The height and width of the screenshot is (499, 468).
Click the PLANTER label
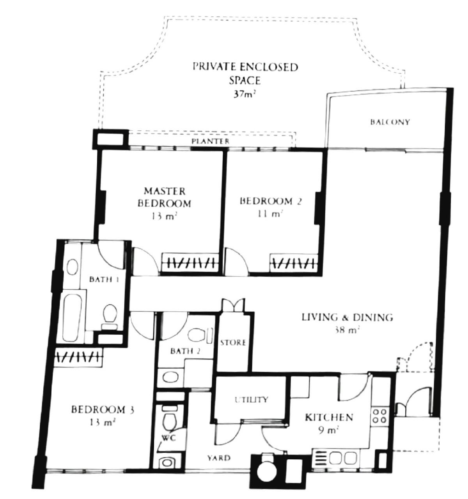[210, 141]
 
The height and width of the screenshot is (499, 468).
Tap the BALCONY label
[390, 122]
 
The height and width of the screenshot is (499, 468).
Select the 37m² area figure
[245, 94]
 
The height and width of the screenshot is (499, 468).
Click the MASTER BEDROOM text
[165, 197]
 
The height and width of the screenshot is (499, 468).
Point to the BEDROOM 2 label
[271, 201]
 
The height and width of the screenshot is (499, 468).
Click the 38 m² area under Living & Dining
[347, 329]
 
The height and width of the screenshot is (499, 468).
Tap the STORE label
[233, 343]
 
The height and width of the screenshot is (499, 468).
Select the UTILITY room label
[251, 399]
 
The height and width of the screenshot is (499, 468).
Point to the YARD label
[219, 458]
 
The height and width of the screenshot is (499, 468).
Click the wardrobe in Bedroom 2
[294, 263]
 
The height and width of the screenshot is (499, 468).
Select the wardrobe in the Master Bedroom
[190, 262]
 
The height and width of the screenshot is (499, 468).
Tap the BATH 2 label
[185, 351]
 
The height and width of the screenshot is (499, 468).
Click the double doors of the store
[233, 305]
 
